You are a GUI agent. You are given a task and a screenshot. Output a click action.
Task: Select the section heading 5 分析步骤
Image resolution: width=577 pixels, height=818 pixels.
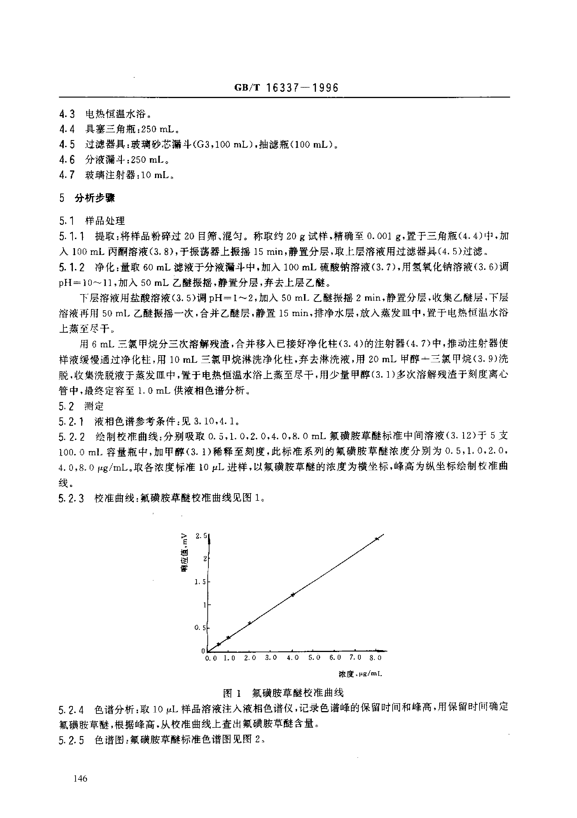87,198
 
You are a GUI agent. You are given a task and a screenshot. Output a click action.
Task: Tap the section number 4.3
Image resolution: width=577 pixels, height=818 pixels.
67,114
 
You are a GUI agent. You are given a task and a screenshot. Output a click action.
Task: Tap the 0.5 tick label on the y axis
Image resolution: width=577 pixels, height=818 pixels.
200,628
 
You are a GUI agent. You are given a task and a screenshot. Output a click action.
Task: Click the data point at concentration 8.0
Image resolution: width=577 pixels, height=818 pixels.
377,539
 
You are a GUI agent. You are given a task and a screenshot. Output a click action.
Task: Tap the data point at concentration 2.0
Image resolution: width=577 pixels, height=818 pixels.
250,623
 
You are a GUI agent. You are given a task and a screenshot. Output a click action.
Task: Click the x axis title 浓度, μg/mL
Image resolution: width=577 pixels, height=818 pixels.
360,674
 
